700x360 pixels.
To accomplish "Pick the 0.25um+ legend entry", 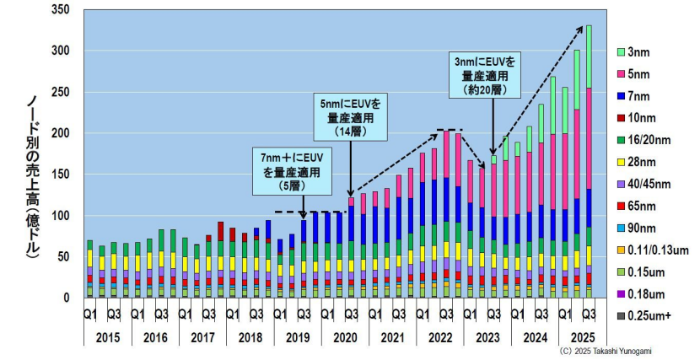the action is (643, 316).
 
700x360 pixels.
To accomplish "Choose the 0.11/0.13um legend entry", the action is (652, 250).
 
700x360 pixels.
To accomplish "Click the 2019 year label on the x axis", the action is (298, 338).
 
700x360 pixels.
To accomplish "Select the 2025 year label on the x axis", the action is (583, 338).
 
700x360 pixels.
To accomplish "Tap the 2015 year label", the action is (108, 338).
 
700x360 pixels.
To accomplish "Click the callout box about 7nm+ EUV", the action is (293, 171).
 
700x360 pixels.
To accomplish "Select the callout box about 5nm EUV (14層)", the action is (351, 117).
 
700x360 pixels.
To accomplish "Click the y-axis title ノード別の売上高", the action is (31, 176).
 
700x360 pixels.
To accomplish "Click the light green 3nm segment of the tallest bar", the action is (589, 56).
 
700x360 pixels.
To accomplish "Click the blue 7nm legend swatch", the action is (621, 96).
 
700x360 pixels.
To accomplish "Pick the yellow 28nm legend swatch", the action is (621, 163).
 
